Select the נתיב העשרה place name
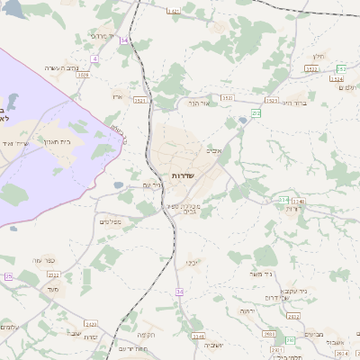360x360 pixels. coord(67,67)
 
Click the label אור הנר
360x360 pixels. coord(198,103)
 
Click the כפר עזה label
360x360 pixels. coord(45,260)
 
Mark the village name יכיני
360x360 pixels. coord(193,263)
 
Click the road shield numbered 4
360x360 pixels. coord(94,58)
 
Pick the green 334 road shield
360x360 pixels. coord(283,200)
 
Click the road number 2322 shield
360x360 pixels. coord(53,274)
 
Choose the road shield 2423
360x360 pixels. coord(90,322)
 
